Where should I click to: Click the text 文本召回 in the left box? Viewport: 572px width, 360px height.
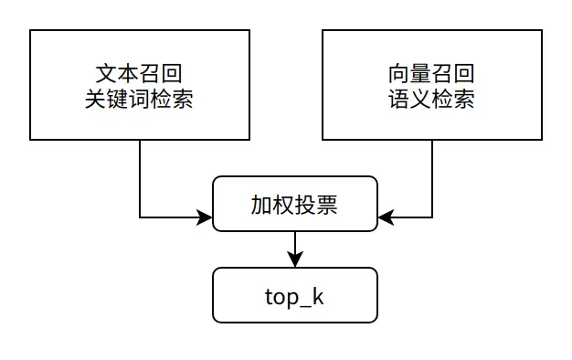point(139,72)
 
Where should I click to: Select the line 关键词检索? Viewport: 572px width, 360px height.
point(139,99)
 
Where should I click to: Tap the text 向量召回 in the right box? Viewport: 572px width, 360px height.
point(431,72)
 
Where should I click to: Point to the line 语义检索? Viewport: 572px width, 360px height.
point(431,99)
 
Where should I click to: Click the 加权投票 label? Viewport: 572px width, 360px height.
point(294,205)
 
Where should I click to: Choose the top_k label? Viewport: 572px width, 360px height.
point(294,297)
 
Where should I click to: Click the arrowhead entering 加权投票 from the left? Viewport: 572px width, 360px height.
point(206,217)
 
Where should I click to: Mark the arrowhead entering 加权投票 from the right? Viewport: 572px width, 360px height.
point(385,217)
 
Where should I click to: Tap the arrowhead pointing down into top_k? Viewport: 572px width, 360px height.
point(295,260)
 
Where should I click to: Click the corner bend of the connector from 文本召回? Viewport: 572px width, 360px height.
point(140,217)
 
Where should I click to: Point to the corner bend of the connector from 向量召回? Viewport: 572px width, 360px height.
point(432,217)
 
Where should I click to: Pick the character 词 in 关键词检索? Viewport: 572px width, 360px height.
point(139,99)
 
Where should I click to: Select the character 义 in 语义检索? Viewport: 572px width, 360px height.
point(420,99)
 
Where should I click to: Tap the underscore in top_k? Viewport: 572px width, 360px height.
point(304,304)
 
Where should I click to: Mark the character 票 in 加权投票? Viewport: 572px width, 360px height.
point(327,205)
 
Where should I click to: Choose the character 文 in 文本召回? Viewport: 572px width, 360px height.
point(106,72)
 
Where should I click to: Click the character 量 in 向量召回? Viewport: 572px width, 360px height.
point(420,72)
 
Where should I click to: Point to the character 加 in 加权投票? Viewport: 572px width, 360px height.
point(261,205)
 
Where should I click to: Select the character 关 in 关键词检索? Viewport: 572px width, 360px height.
point(95,99)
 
